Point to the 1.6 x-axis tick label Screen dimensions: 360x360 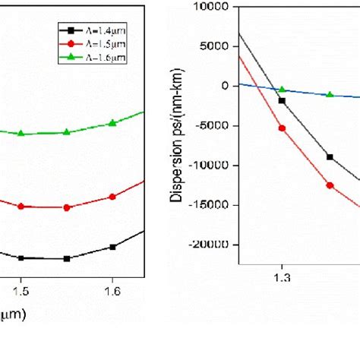click(x=112, y=290)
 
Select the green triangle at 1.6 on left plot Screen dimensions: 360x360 click(x=112, y=122)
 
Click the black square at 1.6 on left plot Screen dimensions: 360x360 click(x=112, y=247)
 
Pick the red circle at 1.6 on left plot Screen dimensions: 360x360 click(x=112, y=197)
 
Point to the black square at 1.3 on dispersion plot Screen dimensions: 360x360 click(x=282, y=100)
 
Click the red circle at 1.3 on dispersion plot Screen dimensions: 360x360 click(x=282, y=128)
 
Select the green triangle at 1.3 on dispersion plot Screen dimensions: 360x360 click(x=282, y=90)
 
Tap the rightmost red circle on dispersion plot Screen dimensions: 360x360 click(x=330, y=185)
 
